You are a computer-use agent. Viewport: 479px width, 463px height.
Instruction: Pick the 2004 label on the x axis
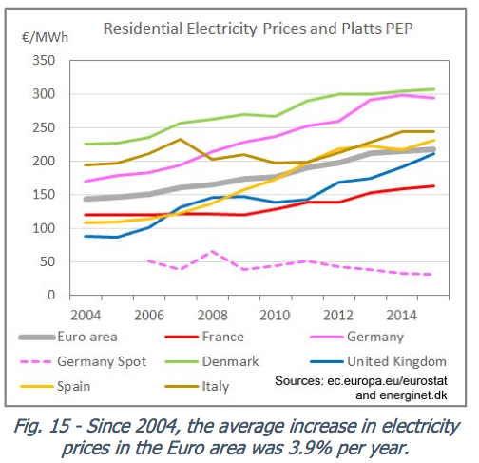(x=86, y=314)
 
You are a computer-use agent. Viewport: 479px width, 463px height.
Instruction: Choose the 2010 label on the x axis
(x=275, y=314)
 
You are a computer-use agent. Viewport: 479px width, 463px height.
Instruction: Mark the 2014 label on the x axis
(x=400, y=314)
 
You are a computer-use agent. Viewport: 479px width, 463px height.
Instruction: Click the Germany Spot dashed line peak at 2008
(x=212, y=252)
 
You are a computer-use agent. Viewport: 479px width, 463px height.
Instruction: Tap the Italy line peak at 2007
(x=181, y=139)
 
